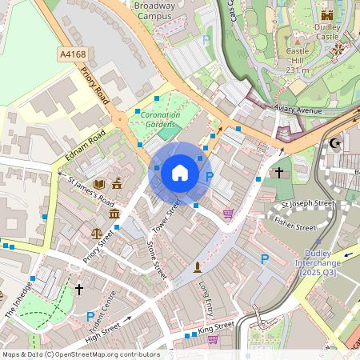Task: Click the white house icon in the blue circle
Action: (180, 172)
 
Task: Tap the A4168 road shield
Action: (72, 54)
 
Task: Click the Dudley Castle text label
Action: (328, 31)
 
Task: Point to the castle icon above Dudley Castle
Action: (326, 14)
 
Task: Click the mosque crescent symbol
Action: (334, 143)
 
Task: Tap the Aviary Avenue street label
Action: (297, 110)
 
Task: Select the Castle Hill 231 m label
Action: (298, 60)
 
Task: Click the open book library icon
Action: (99, 184)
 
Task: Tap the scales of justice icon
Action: (97, 235)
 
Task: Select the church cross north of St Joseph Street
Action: (278, 172)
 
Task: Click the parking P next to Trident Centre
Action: (90, 317)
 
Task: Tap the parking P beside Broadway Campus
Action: (206, 38)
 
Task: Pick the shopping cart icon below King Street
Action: (213, 339)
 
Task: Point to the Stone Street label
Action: (157, 262)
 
